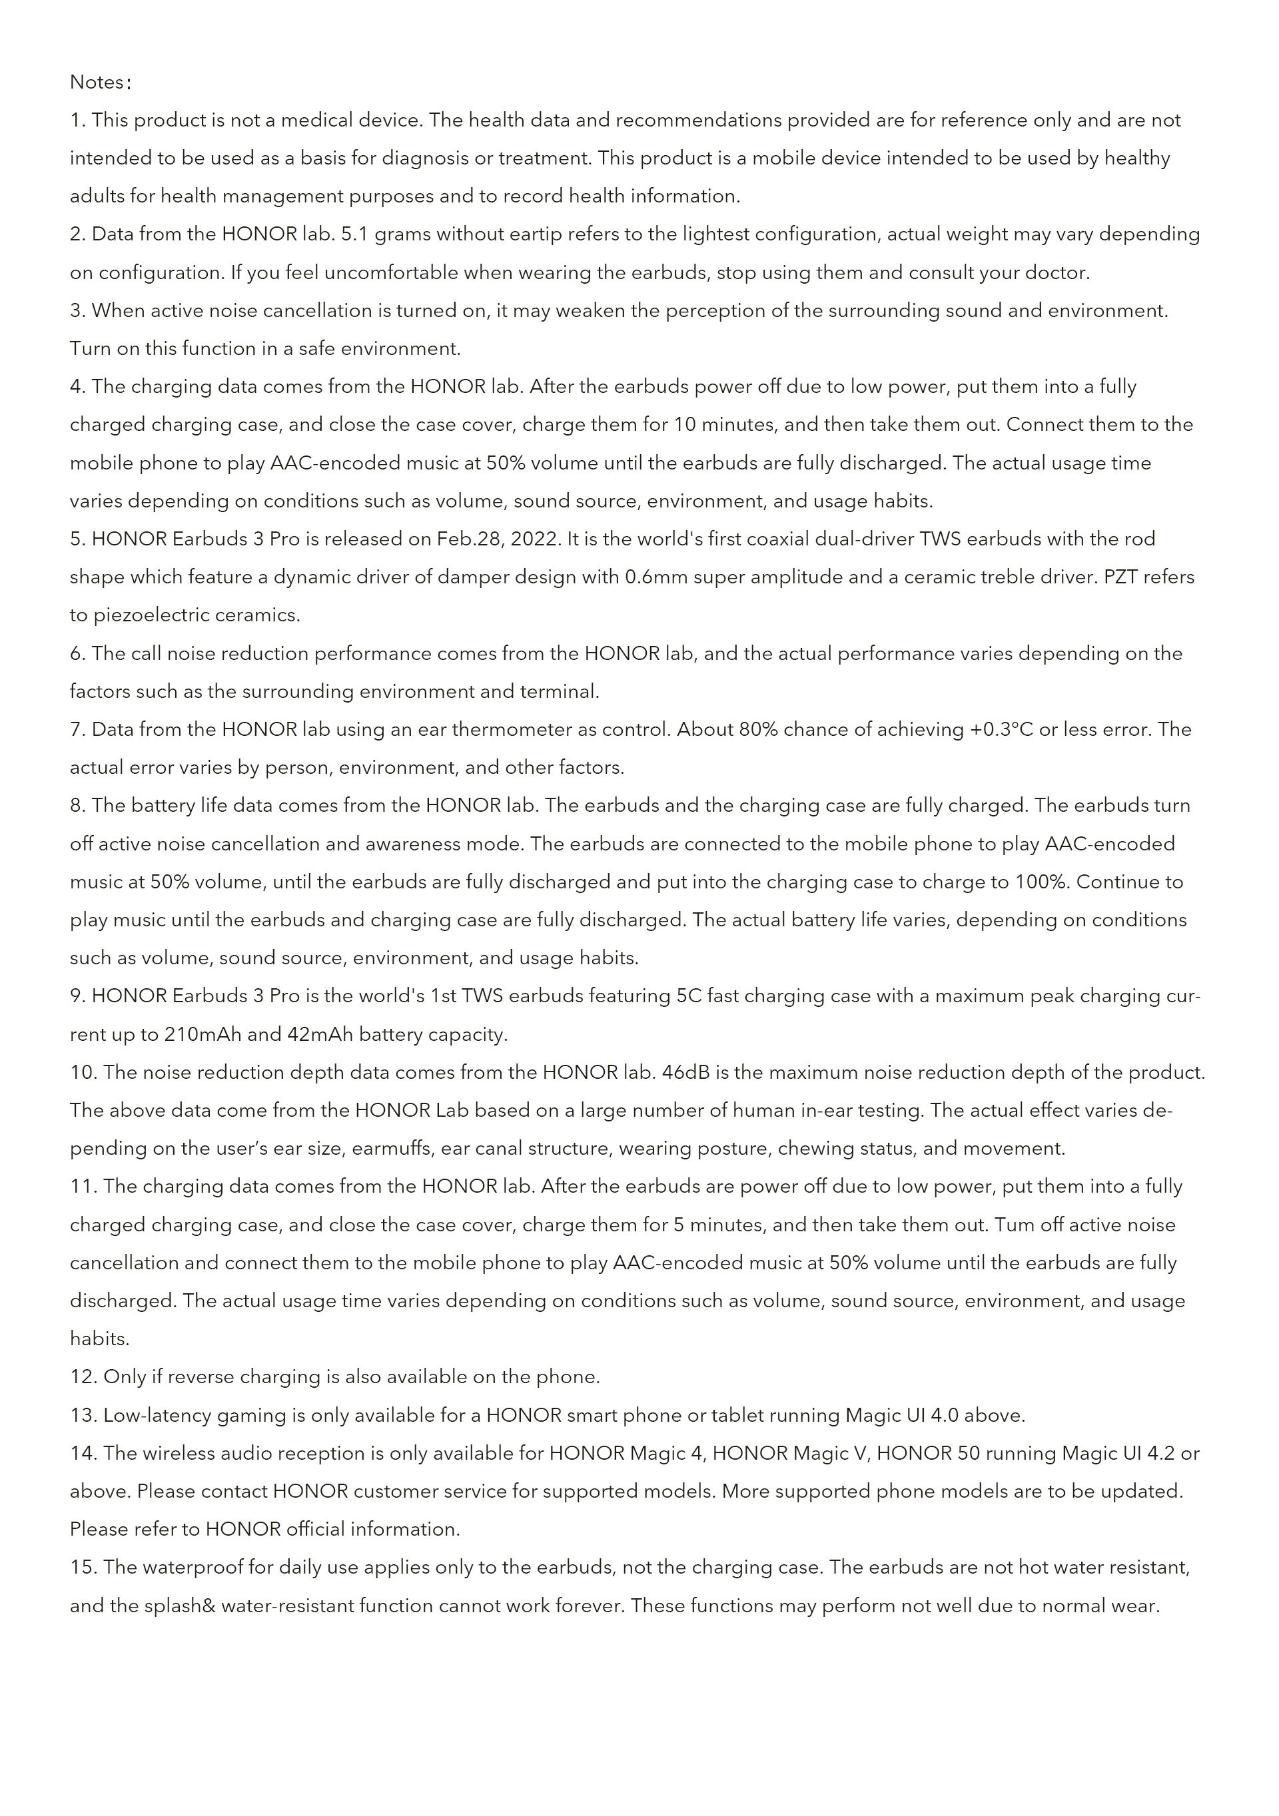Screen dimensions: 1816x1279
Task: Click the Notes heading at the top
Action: pyautogui.click(x=97, y=83)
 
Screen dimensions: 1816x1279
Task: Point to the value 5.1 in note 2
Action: pyautogui.click(x=354, y=234)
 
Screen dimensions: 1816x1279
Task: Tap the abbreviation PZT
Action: pyautogui.click(x=1121, y=577)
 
